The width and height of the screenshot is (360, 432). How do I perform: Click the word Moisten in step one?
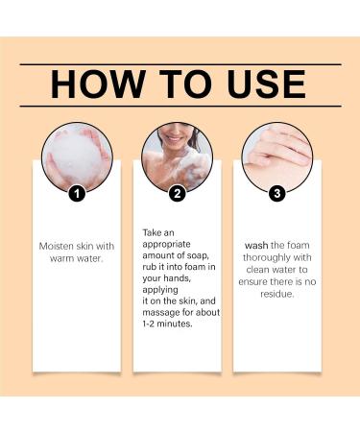[x=55, y=245]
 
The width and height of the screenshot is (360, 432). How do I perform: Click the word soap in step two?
[x=201, y=245]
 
